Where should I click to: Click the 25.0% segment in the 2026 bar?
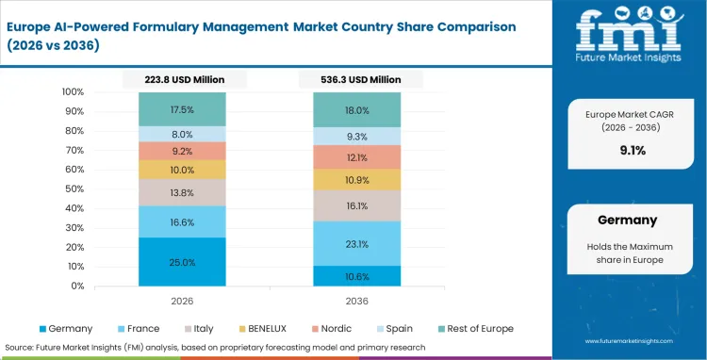182,262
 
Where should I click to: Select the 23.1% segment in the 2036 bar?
357,244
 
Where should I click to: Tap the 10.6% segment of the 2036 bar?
357,276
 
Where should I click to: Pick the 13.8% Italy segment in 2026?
182,192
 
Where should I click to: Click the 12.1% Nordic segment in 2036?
357,157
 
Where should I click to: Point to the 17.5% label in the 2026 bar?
182,109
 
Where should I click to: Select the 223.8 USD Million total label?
182,80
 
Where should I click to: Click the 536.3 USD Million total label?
357,80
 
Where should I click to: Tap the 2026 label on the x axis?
182,301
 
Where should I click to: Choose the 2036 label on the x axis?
357,301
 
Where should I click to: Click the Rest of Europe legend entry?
479,328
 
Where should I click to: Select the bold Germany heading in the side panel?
627,220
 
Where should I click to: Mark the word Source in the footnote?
22,346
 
